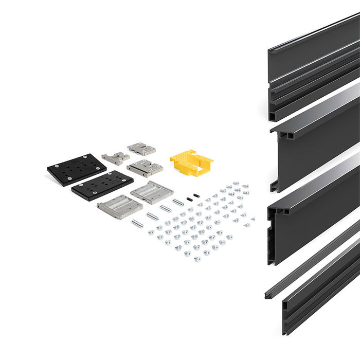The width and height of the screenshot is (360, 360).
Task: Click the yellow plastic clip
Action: pos(191,163)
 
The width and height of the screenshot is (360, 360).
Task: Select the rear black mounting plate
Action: pos(77,169)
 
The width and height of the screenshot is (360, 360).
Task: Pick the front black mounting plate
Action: pos(102,186)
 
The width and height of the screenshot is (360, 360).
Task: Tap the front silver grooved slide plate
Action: pos(120,206)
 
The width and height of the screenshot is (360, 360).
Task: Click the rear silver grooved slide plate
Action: pos(152,192)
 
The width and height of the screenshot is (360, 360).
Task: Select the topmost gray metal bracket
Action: pos(141,149)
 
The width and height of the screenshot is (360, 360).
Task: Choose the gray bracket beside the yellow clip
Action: pos(145,168)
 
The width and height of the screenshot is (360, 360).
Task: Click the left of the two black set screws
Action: pos(189,200)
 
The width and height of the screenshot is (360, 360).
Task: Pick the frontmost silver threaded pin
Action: pos(137,223)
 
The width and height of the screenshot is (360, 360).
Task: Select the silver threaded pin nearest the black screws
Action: pos(178,202)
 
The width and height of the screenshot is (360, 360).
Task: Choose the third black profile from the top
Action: pos(314,216)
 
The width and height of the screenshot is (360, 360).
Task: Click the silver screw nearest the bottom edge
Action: pos(197,259)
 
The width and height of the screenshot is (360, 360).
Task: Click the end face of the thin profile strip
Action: pos(267,296)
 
